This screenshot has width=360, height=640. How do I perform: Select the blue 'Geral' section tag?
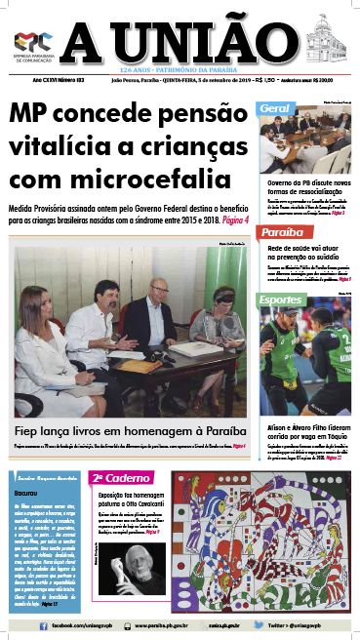(x=277, y=105)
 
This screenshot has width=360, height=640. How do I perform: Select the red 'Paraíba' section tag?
(x=282, y=234)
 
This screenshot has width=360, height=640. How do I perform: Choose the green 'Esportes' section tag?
(x=284, y=300)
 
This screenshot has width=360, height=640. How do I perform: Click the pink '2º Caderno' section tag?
(x=120, y=478)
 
